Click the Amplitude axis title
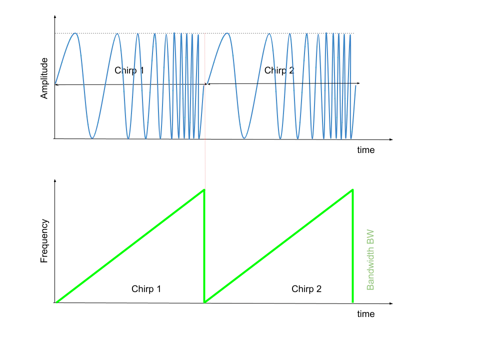point(44,78)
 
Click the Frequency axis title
point(44,241)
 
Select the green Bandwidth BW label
point(370,259)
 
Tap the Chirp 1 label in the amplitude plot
point(129,70)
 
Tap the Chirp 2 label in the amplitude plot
point(279,70)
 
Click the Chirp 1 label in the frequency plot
point(146,289)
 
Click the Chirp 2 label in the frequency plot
point(306,289)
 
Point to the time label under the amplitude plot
point(366,150)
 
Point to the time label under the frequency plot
point(366,314)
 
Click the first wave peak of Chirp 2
point(227,33)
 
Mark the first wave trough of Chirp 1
point(92,138)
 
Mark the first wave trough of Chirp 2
point(244,138)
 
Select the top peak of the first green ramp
point(204,190)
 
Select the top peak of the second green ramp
point(352,190)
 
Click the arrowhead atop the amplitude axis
point(55,16)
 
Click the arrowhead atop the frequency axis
point(55,180)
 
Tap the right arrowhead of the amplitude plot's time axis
point(391,139)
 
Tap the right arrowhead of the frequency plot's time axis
point(391,303)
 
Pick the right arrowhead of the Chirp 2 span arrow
point(358,83)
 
